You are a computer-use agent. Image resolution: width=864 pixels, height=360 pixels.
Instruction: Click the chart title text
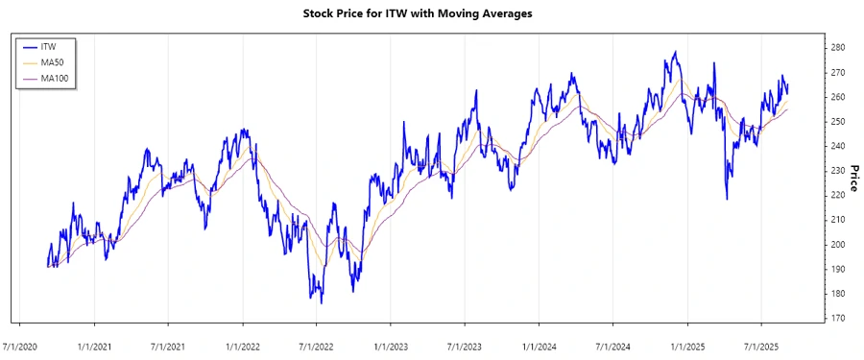[x=431, y=14]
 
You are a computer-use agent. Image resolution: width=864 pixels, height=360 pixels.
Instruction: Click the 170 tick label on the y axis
[x=837, y=319]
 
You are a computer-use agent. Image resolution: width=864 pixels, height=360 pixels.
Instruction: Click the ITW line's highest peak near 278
[x=676, y=52]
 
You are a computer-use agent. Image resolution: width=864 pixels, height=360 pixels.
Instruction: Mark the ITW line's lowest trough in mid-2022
[x=321, y=302]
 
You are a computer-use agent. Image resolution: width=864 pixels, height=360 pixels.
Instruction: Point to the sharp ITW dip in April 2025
[x=726, y=199]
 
